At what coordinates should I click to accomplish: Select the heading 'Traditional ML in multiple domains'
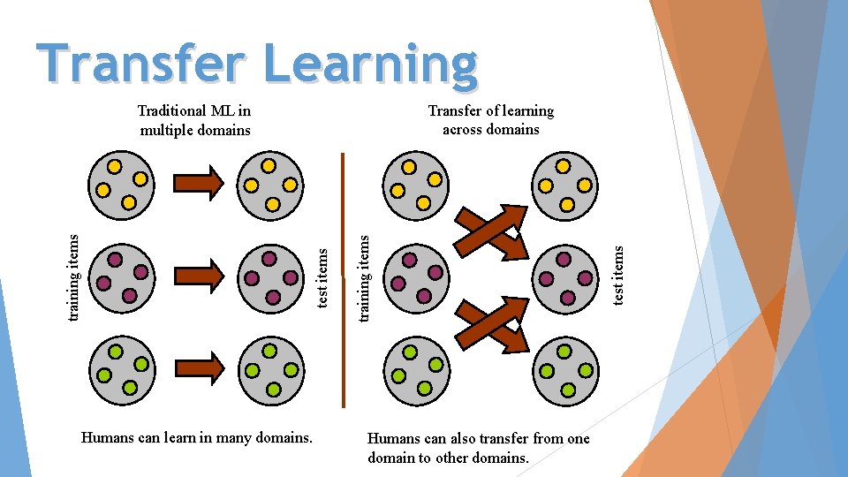click(194, 120)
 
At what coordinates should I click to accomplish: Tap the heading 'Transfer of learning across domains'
click(490, 120)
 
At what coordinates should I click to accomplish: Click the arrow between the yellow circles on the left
click(199, 184)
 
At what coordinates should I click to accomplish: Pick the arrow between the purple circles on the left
click(199, 275)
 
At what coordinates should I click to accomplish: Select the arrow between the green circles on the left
click(199, 366)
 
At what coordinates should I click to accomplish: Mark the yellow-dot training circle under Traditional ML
click(121, 186)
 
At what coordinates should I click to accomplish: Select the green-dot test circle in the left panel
click(271, 369)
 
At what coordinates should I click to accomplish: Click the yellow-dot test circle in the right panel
click(565, 186)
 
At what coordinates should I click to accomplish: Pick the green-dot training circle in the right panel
click(416, 369)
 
